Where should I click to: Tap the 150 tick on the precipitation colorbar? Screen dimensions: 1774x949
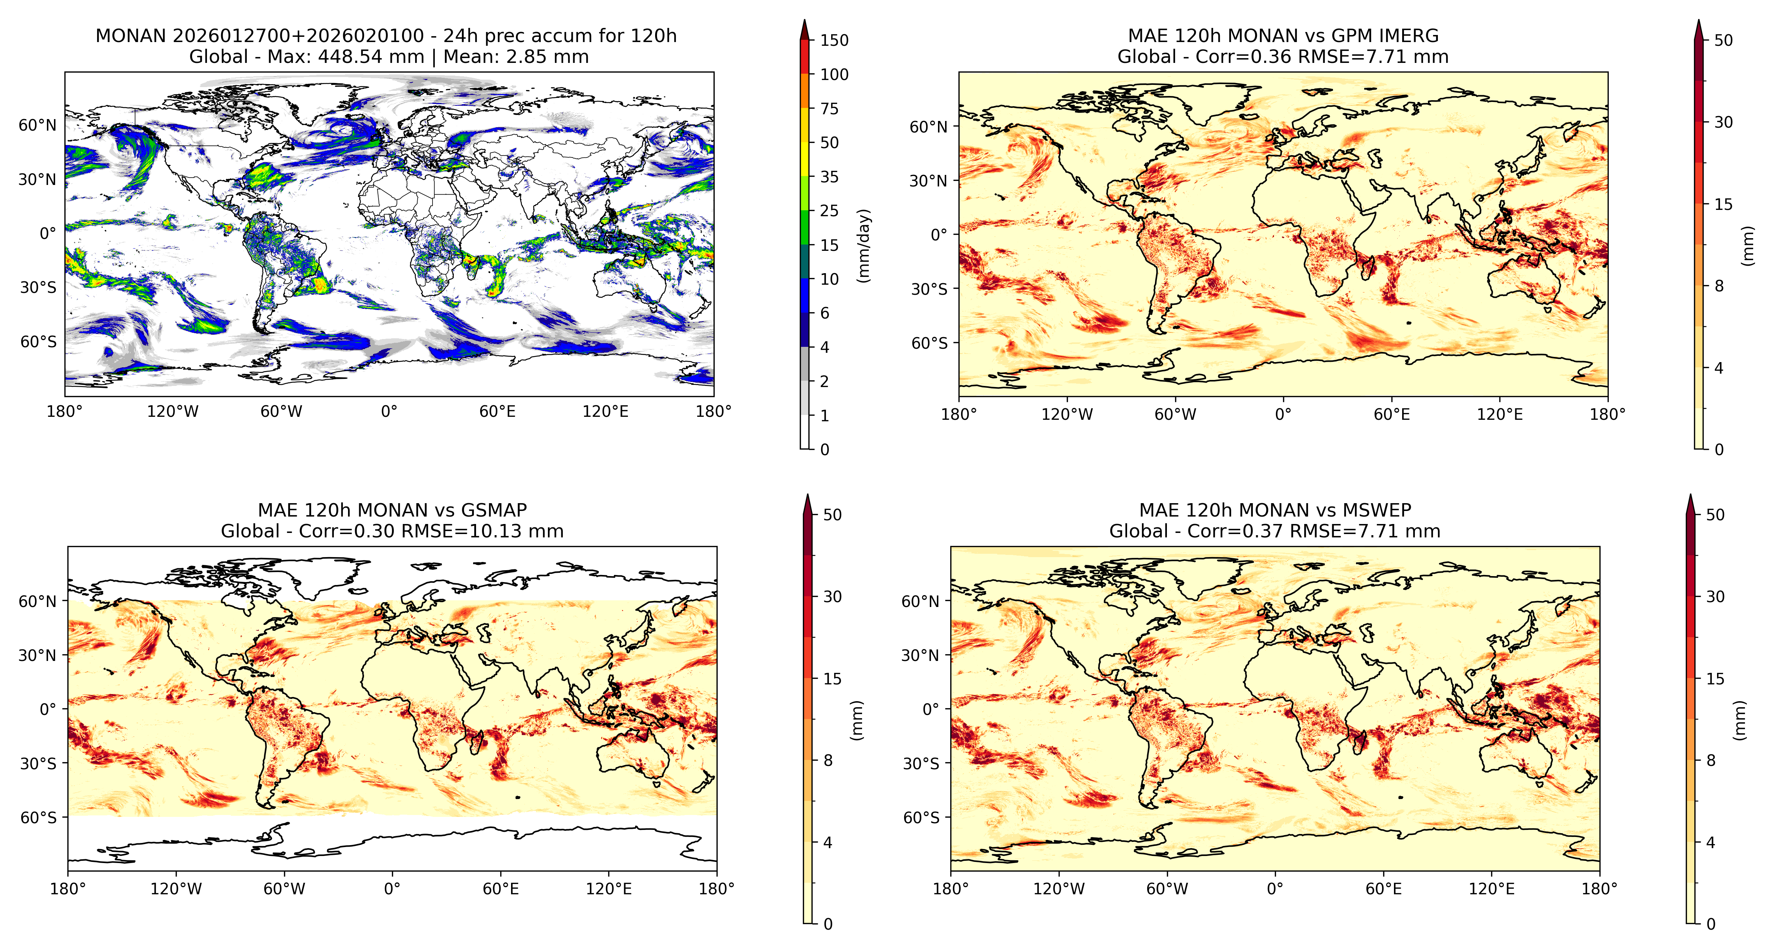(834, 40)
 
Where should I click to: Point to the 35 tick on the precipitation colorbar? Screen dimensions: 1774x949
(829, 177)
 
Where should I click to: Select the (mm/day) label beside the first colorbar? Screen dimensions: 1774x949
(864, 245)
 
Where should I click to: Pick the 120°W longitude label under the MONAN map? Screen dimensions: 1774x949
(173, 412)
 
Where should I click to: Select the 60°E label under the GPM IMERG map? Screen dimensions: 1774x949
(1392, 415)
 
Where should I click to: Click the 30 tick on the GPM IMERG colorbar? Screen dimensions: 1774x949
(1724, 122)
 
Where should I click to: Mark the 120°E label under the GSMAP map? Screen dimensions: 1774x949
(609, 889)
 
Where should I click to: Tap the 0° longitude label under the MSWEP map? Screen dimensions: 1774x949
(1275, 889)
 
